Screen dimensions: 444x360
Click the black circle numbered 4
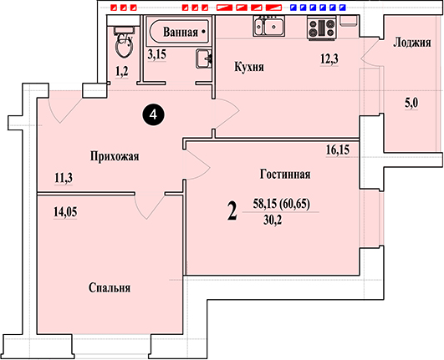click(153, 114)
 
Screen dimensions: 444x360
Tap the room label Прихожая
click(115, 156)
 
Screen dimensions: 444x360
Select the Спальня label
click(110, 288)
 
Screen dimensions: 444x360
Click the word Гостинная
click(285, 174)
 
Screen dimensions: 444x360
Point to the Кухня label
click(249, 67)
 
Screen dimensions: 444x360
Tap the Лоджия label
click(412, 43)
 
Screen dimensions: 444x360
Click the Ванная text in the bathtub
click(181, 32)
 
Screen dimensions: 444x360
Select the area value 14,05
click(65, 212)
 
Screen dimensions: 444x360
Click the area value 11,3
click(64, 178)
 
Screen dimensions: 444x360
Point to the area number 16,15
click(338, 150)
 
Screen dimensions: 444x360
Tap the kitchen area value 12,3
click(329, 59)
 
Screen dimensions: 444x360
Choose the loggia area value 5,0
click(411, 104)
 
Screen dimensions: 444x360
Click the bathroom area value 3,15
click(157, 54)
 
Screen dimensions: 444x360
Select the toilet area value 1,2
click(122, 72)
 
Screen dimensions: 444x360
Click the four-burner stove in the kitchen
click(322, 28)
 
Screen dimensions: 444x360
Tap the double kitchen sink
click(269, 26)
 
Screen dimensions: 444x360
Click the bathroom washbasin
click(203, 58)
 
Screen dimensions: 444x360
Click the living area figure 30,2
click(273, 221)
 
